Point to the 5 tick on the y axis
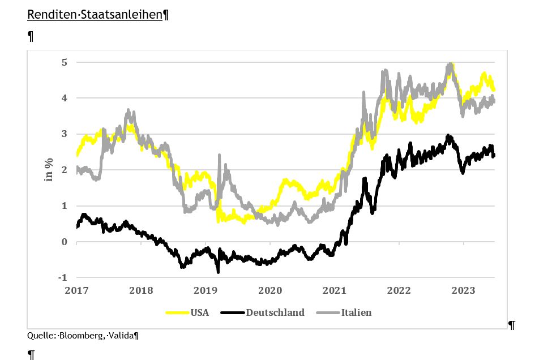click(64, 62)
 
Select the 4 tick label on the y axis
click(64, 98)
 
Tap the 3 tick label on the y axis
click(64, 134)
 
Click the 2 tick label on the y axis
click(64, 170)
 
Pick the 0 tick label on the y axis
click(64, 242)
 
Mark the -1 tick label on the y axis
click(62, 277)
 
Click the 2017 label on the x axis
click(76, 290)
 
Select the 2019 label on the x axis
click(206, 290)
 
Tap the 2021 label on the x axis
click(335, 290)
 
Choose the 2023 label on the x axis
click(463, 290)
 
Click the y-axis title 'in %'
click(49, 169)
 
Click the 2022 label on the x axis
click(399, 290)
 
